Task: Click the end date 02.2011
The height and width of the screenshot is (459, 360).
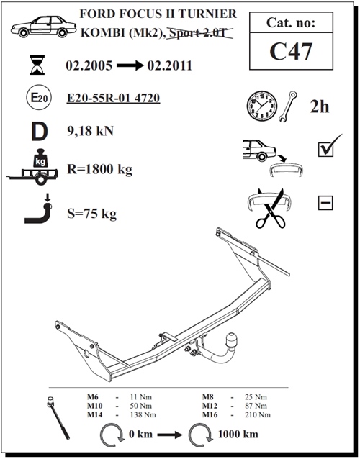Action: pos(168,66)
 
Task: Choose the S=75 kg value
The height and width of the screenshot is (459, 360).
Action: pos(91,213)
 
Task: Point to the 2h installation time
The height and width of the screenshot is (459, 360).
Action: pos(319,106)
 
